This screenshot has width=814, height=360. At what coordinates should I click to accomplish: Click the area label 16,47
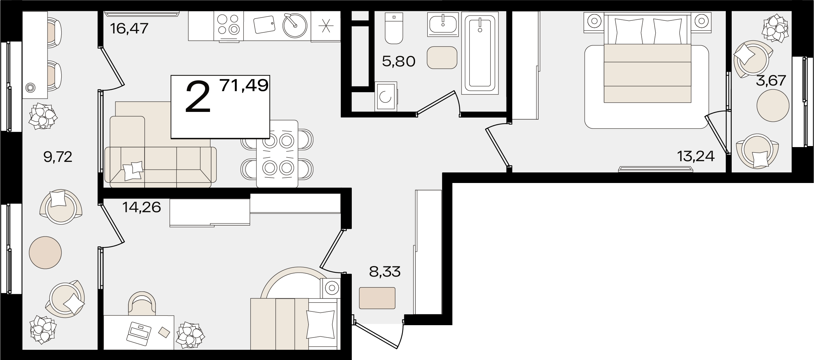(x=129, y=28)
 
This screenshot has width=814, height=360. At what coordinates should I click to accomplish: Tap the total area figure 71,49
(x=244, y=86)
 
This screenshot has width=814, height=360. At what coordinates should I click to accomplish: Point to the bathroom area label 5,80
(x=399, y=62)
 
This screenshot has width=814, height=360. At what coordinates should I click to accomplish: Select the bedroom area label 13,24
(x=696, y=156)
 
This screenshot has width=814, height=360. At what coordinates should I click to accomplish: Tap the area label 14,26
(x=141, y=207)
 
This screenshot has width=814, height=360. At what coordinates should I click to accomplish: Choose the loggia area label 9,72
(x=58, y=157)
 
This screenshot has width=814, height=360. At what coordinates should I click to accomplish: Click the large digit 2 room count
(x=198, y=97)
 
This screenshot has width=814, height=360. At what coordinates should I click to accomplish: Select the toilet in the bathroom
(x=394, y=28)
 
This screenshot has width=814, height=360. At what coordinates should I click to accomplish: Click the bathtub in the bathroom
(x=480, y=53)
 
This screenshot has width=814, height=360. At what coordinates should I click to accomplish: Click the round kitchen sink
(x=295, y=25)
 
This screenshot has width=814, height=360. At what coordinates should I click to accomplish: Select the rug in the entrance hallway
(x=377, y=298)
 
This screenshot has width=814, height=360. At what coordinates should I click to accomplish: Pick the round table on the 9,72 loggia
(x=45, y=252)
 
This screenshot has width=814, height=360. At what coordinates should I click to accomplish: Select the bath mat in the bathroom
(x=442, y=58)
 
